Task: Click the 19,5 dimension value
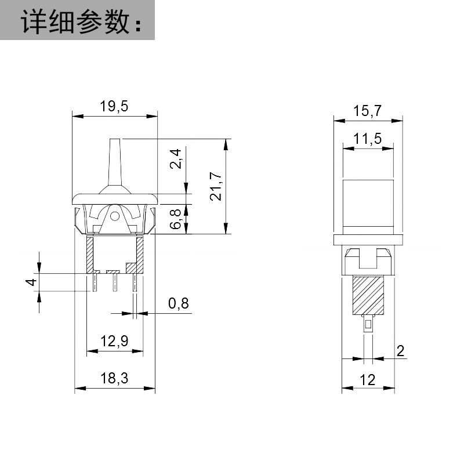(114, 106)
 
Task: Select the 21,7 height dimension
(216, 186)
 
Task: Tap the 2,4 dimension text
(176, 159)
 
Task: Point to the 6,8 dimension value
(176, 219)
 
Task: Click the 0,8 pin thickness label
(179, 303)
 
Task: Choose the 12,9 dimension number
(114, 341)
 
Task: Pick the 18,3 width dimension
(114, 378)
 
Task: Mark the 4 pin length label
(31, 282)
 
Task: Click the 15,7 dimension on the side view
(368, 111)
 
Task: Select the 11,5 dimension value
(368, 139)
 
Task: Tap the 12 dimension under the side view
(368, 380)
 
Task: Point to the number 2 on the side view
(400, 351)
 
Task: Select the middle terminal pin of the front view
(115, 282)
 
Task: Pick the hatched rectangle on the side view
(368, 296)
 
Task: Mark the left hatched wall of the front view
(90, 255)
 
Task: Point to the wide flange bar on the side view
(368, 240)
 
